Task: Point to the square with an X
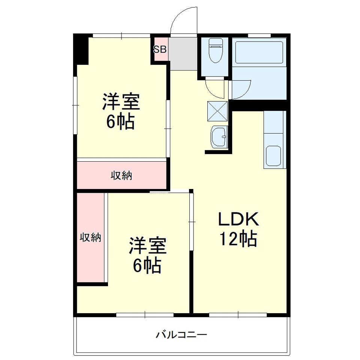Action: (x=217, y=111)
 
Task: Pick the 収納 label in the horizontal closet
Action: (x=121, y=175)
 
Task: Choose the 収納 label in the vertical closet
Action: (x=90, y=237)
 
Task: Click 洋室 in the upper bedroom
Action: (x=121, y=102)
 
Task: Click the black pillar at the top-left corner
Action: (x=80, y=49)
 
